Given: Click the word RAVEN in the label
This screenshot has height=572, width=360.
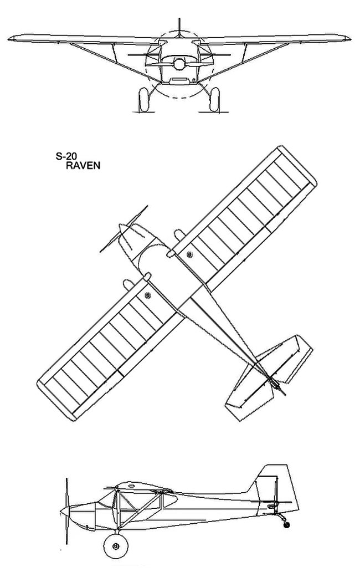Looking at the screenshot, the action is (x=83, y=166).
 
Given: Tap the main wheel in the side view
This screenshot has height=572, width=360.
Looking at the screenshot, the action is (x=116, y=546).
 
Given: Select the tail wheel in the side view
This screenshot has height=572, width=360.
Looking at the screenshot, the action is (x=286, y=525).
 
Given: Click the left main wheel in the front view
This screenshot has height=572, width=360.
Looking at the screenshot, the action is (x=144, y=100).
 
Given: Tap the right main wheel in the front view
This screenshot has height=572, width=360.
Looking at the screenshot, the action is (x=214, y=100).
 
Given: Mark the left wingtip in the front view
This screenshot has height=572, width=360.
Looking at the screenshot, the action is (x=11, y=38).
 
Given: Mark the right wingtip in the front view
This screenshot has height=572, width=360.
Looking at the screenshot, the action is (x=347, y=38).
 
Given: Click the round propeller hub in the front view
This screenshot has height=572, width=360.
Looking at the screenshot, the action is (x=179, y=64).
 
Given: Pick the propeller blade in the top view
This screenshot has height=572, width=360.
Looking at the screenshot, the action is (x=124, y=229).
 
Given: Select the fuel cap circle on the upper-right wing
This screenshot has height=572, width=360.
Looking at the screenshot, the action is (x=189, y=254).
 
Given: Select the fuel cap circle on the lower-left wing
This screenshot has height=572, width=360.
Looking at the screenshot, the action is (x=147, y=295).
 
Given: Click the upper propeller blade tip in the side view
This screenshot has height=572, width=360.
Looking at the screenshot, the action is (x=66, y=479).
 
